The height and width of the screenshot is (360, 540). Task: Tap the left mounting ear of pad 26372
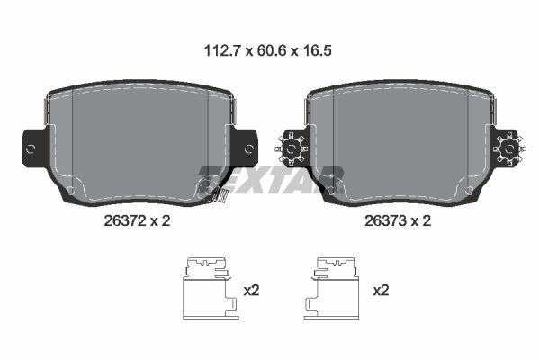point(31,145)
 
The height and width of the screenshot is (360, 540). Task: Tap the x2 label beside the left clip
point(252,290)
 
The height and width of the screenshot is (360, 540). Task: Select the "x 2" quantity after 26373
point(421,220)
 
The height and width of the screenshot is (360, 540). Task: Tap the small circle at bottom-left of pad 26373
point(333,190)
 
